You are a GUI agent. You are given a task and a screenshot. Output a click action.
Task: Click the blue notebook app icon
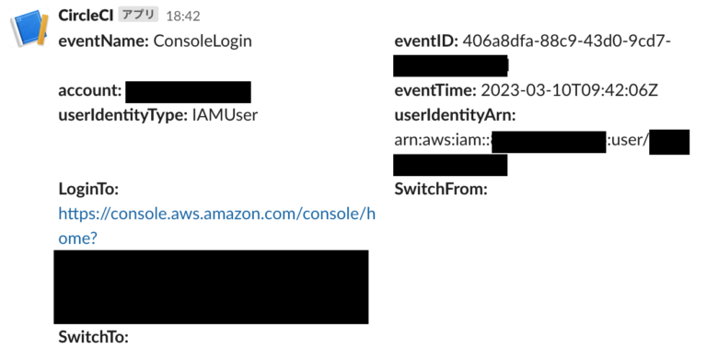point(28,28)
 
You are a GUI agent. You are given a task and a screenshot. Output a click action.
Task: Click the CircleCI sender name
point(85,16)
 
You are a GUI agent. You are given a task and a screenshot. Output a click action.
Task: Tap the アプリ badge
point(139,16)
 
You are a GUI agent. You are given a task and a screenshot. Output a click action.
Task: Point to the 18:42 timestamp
point(183,17)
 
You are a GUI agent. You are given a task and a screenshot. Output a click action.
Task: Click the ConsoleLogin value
point(203,41)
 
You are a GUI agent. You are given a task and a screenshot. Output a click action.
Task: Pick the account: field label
point(89,90)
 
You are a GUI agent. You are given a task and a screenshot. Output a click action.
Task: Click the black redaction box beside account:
point(188,91)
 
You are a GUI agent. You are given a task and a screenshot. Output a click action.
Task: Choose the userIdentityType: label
point(123,115)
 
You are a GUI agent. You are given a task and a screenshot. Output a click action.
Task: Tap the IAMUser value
point(225,115)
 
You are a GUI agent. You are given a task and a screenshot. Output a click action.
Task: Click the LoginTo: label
point(88,190)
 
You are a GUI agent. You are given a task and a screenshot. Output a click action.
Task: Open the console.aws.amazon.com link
point(216,214)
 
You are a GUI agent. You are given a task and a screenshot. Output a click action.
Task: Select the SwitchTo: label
point(93,336)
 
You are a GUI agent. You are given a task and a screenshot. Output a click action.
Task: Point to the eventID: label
point(426,41)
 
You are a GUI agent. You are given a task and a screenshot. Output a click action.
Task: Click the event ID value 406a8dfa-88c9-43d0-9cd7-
point(567,41)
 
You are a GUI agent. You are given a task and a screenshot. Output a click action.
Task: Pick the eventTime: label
point(434,90)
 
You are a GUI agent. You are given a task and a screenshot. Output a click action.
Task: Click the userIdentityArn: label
point(455,115)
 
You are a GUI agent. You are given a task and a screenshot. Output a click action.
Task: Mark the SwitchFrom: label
point(440,190)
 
